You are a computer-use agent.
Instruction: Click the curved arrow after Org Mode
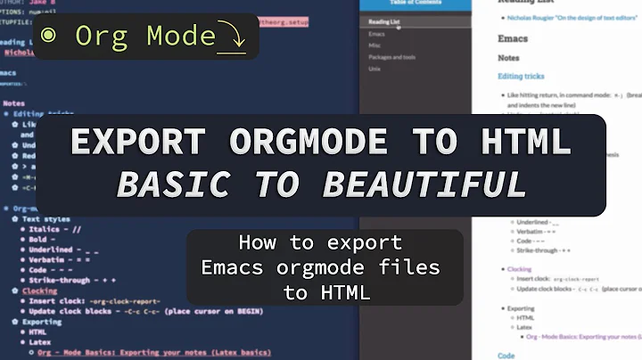point(234,38)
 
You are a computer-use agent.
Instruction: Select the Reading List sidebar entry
point(384,20)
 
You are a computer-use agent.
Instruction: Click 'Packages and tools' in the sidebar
point(391,56)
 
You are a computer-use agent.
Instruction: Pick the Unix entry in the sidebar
point(375,68)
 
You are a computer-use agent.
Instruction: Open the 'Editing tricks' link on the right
point(522,76)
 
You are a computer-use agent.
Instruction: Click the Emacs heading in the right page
point(513,39)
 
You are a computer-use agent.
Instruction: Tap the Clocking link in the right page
point(519,268)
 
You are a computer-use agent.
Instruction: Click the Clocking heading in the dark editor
point(41,290)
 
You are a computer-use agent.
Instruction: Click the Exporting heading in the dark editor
point(43,321)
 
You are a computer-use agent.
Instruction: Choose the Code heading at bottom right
point(506,355)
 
